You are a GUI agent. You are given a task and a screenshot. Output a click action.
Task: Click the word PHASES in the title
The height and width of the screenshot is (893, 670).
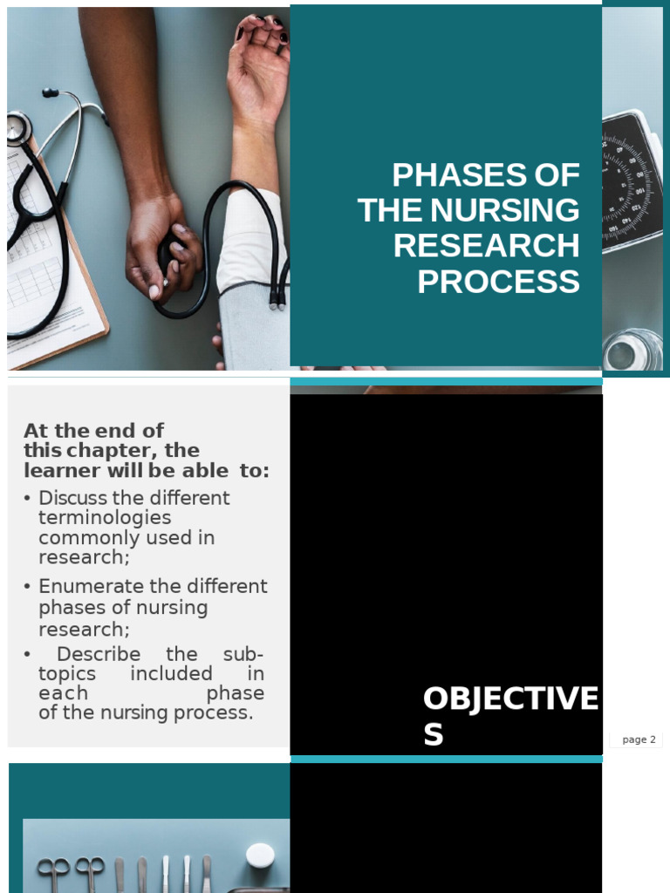coord(444,175)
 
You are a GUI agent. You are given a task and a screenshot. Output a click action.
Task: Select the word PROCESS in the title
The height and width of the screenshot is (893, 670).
coord(498,283)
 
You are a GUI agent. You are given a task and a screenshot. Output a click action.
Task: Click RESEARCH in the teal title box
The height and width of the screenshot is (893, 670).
coord(486,247)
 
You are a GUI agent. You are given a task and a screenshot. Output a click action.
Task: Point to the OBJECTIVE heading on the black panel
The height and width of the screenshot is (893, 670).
coord(510,699)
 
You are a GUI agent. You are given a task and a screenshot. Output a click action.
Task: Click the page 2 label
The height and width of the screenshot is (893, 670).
coord(639,740)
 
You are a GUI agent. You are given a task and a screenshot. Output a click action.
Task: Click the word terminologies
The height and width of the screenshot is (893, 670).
coord(105,518)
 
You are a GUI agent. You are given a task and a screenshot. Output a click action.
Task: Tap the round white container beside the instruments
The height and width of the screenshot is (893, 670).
coord(260,855)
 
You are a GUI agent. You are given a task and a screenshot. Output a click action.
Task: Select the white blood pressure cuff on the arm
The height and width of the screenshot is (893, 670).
coord(253,279)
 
